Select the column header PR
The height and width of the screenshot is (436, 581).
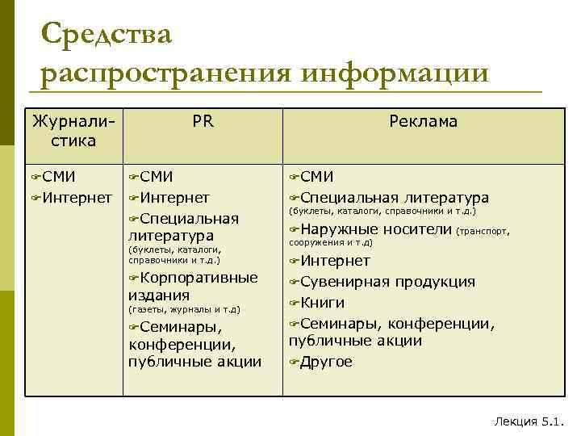click(x=203, y=122)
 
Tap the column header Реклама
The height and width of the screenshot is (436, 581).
click(x=423, y=122)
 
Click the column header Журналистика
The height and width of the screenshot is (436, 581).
click(x=73, y=131)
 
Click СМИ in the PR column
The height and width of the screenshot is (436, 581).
click(x=156, y=177)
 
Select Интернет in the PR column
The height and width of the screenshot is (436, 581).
click(x=174, y=197)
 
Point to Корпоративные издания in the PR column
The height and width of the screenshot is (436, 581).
click(x=194, y=286)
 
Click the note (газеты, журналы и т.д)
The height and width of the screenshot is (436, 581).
click(x=184, y=309)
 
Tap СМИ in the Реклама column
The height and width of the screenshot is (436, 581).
click(x=317, y=177)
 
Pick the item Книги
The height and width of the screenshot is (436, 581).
click(x=322, y=303)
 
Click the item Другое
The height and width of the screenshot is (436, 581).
click(x=326, y=362)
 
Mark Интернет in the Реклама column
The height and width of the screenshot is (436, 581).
click(x=335, y=261)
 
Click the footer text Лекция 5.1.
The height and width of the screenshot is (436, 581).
click(x=528, y=422)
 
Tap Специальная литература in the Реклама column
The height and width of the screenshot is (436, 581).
click(x=395, y=197)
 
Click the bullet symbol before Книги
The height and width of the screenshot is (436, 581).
click(x=295, y=304)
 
